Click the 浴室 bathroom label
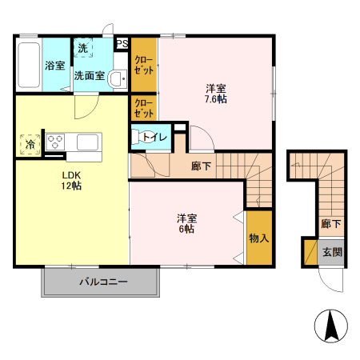tap(54, 66)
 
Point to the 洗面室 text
tap(88, 76)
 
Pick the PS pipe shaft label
tap(122, 44)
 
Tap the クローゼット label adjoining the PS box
tap(143, 65)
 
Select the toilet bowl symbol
tap(146, 137)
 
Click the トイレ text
tap(160, 138)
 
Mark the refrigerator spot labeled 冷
tap(30, 145)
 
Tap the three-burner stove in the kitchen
tap(56, 142)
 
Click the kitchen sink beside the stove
tap(86, 142)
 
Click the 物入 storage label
tap(258, 238)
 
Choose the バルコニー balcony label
tap(102, 282)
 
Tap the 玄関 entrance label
tap(331, 252)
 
